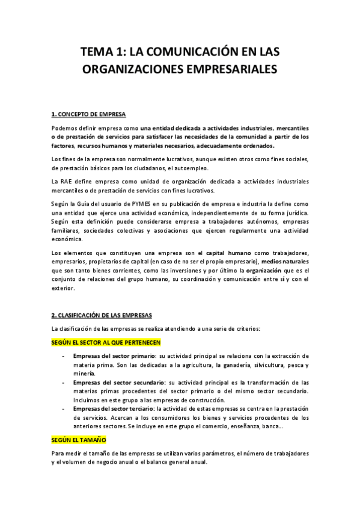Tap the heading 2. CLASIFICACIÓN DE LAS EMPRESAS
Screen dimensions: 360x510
(102, 315)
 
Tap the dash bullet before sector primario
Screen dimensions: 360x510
(64, 357)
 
